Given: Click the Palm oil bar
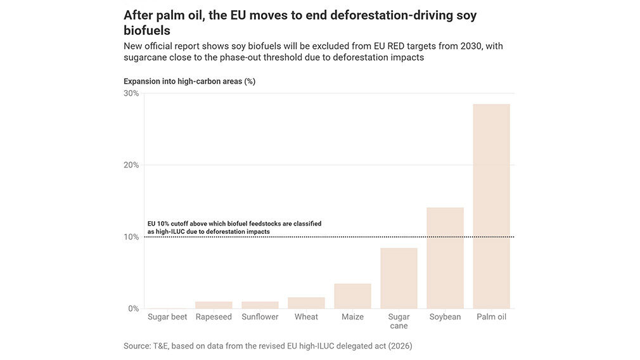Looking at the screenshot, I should click(491, 206).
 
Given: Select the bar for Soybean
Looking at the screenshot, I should click(445, 258).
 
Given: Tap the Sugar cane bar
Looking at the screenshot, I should click(399, 278).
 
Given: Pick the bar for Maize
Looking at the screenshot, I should click(352, 296).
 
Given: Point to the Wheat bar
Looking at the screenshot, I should click(306, 303).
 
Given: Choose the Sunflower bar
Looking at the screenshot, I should click(260, 305).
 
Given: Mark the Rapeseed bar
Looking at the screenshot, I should click(214, 305).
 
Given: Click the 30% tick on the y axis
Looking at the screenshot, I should click(131, 93).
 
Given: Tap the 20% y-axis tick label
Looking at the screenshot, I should click(131, 165).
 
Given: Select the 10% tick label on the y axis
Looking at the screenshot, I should click(131, 237).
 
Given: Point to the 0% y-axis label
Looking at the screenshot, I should click(133, 309).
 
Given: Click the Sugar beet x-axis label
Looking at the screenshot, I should click(167, 317).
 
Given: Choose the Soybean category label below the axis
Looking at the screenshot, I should click(445, 317).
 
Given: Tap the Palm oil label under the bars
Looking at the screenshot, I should click(491, 317).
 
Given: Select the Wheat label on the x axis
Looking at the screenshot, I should click(306, 317).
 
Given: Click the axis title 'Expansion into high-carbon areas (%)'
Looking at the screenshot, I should click(189, 81).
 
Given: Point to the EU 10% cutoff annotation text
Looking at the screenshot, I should click(234, 228).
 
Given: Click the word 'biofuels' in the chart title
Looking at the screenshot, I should click(147, 30).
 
